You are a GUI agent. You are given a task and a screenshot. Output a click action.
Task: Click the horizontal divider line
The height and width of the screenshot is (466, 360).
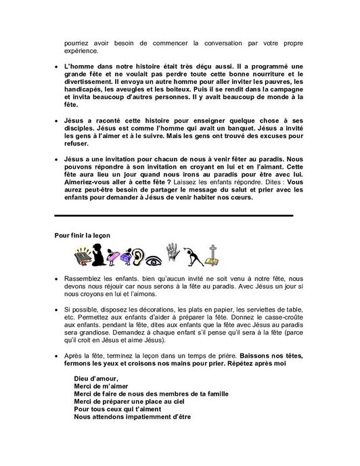click(174, 215)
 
